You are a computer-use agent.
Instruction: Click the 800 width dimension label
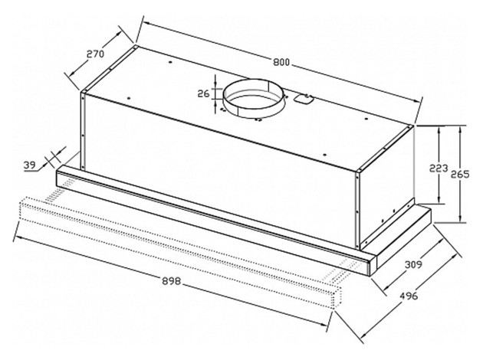(281, 62)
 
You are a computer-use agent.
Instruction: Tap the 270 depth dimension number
(95, 54)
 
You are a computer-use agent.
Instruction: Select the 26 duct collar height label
(203, 93)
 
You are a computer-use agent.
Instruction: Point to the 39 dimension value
(30, 165)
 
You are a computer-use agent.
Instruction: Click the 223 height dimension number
(439, 169)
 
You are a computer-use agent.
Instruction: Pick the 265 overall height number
(460, 174)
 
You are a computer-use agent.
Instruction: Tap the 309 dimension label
(413, 264)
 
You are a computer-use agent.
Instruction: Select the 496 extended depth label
(409, 296)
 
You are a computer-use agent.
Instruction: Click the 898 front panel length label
(171, 281)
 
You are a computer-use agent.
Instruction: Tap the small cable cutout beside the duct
(304, 99)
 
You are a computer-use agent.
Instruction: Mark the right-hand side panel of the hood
(386, 185)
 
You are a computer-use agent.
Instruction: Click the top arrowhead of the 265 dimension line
(460, 129)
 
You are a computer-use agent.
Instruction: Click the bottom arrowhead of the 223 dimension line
(439, 200)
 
